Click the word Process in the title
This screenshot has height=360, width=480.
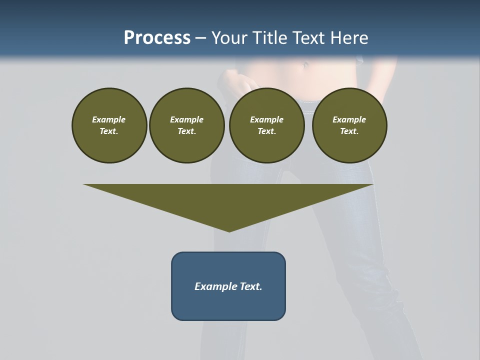[x=157, y=38]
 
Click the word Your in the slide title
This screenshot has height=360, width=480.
[x=231, y=38]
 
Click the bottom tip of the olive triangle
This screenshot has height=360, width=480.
[x=229, y=230]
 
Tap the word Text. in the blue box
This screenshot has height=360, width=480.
[x=250, y=286]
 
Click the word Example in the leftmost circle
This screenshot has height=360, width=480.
[x=109, y=119]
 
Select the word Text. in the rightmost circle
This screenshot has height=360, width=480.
[x=349, y=131]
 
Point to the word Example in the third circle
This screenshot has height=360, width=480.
[x=266, y=119]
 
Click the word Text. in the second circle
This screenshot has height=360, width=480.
[x=186, y=131]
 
